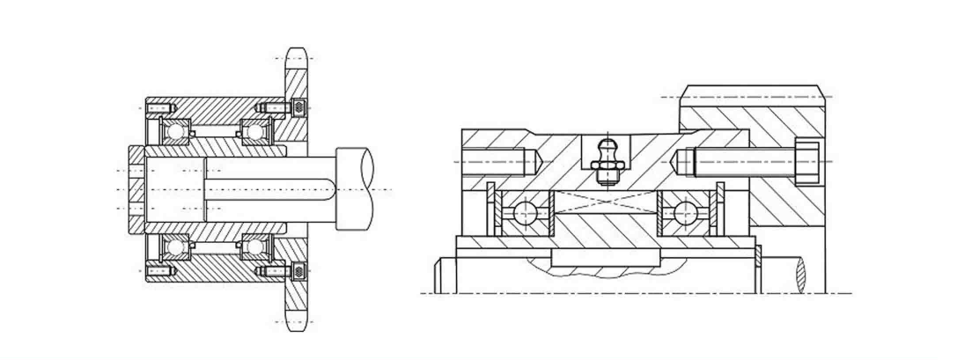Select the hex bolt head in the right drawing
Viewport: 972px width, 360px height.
pyautogui.click(x=808, y=162)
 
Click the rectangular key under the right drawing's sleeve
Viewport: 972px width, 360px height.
pyautogui.click(x=604, y=257)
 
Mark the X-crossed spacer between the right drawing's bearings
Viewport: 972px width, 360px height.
pyautogui.click(x=604, y=202)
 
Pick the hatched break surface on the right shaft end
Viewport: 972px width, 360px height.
pyautogui.click(x=802, y=272)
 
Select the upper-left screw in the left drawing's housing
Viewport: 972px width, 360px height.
pyautogui.click(x=159, y=108)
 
